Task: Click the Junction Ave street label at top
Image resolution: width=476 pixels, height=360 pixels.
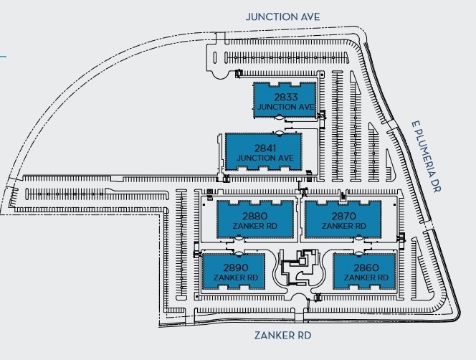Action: pos(282,16)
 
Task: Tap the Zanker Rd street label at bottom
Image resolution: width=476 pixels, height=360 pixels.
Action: pos(282,336)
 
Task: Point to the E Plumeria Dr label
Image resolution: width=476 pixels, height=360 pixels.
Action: pos(427,156)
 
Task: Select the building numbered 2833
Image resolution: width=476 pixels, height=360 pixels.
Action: pos(285,100)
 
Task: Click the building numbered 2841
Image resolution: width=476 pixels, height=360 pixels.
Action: pos(263,151)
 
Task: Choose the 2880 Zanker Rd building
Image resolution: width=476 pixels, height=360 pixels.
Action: pos(255,219)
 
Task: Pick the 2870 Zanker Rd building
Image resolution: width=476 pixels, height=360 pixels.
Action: pos(343,219)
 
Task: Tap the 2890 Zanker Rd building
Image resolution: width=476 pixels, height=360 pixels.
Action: pos(234,271)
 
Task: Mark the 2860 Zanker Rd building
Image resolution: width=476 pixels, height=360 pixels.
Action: pos(364,271)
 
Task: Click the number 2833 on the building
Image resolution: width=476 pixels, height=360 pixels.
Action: pos(286,97)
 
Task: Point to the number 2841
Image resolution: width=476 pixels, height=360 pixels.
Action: pos(265,148)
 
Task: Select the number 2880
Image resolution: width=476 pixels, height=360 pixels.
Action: pos(255,216)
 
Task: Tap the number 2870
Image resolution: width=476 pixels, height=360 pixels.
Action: pos(343,216)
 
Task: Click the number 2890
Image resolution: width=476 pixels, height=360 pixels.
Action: pos(236,267)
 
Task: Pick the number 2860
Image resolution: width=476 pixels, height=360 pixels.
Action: pos(366,267)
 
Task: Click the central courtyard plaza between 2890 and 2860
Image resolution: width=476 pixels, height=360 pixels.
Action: pos(299,268)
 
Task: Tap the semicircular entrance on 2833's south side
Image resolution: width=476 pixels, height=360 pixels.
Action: pos(279,117)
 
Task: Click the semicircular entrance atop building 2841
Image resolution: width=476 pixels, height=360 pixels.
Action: pos(279,133)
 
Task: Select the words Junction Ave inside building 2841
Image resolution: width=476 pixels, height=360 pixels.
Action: pos(265,158)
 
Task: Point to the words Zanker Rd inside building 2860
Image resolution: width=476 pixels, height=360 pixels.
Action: pos(366,278)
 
